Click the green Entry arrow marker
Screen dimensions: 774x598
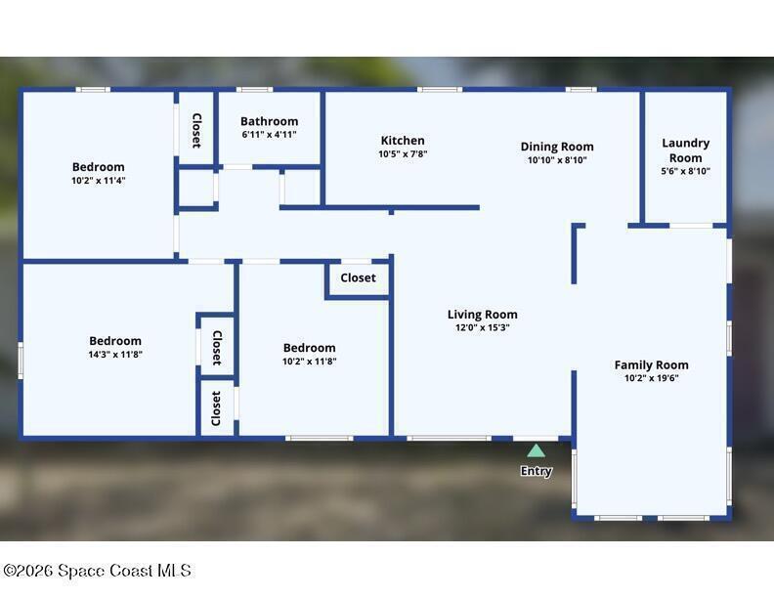click(536, 450)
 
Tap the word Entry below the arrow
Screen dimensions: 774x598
click(537, 471)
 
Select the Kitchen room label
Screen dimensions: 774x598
click(403, 141)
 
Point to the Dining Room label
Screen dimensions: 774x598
click(557, 147)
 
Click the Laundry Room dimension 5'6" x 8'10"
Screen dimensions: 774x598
click(686, 171)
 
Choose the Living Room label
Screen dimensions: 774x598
click(482, 315)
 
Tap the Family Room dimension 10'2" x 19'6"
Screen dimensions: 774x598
click(652, 378)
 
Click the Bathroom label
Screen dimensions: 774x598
click(270, 121)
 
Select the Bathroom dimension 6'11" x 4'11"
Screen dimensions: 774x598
click(270, 135)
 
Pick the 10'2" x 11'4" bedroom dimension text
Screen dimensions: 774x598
click(99, 181)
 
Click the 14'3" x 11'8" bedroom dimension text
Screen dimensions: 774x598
click(115, 355)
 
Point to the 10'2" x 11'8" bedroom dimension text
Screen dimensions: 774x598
click(310, 362)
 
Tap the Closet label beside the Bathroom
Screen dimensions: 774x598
click(196, 131)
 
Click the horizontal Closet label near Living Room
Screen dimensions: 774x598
click(359, 278)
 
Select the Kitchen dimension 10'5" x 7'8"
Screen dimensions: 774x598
click(403, 154)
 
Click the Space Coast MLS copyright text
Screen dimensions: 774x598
click(98, 571)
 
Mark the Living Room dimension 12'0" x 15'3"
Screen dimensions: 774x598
click(482, 327)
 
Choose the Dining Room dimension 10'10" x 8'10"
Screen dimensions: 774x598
click(557, 160)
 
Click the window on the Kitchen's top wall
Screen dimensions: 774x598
click(440, 89)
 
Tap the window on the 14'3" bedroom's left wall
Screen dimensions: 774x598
click(21, 361)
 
